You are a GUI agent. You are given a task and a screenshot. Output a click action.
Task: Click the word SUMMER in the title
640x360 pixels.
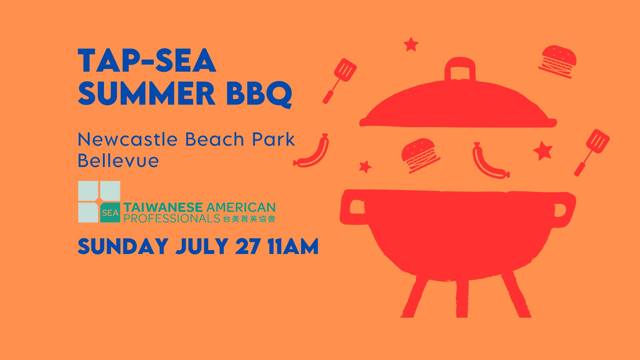[147, 93]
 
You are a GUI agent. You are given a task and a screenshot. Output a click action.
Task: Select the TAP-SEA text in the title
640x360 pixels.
[147, 61]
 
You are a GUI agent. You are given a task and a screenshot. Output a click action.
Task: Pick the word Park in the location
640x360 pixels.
[273, 139]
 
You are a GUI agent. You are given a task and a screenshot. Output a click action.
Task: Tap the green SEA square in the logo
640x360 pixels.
[110, 213]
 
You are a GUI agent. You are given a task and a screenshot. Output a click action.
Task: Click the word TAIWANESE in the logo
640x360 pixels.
[163, 207]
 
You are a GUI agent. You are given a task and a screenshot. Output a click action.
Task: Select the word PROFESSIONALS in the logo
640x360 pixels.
[172, 218]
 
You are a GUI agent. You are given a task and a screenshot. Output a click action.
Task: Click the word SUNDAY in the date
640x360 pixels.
[123, 246]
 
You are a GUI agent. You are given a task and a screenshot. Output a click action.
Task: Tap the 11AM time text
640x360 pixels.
[293, 246]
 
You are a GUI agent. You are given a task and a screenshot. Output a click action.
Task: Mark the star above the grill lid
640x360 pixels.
[411, 44]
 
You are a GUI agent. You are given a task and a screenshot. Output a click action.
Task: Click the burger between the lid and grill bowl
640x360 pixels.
[420, 155]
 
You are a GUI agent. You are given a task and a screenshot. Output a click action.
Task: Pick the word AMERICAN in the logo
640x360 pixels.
[241, 207]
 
